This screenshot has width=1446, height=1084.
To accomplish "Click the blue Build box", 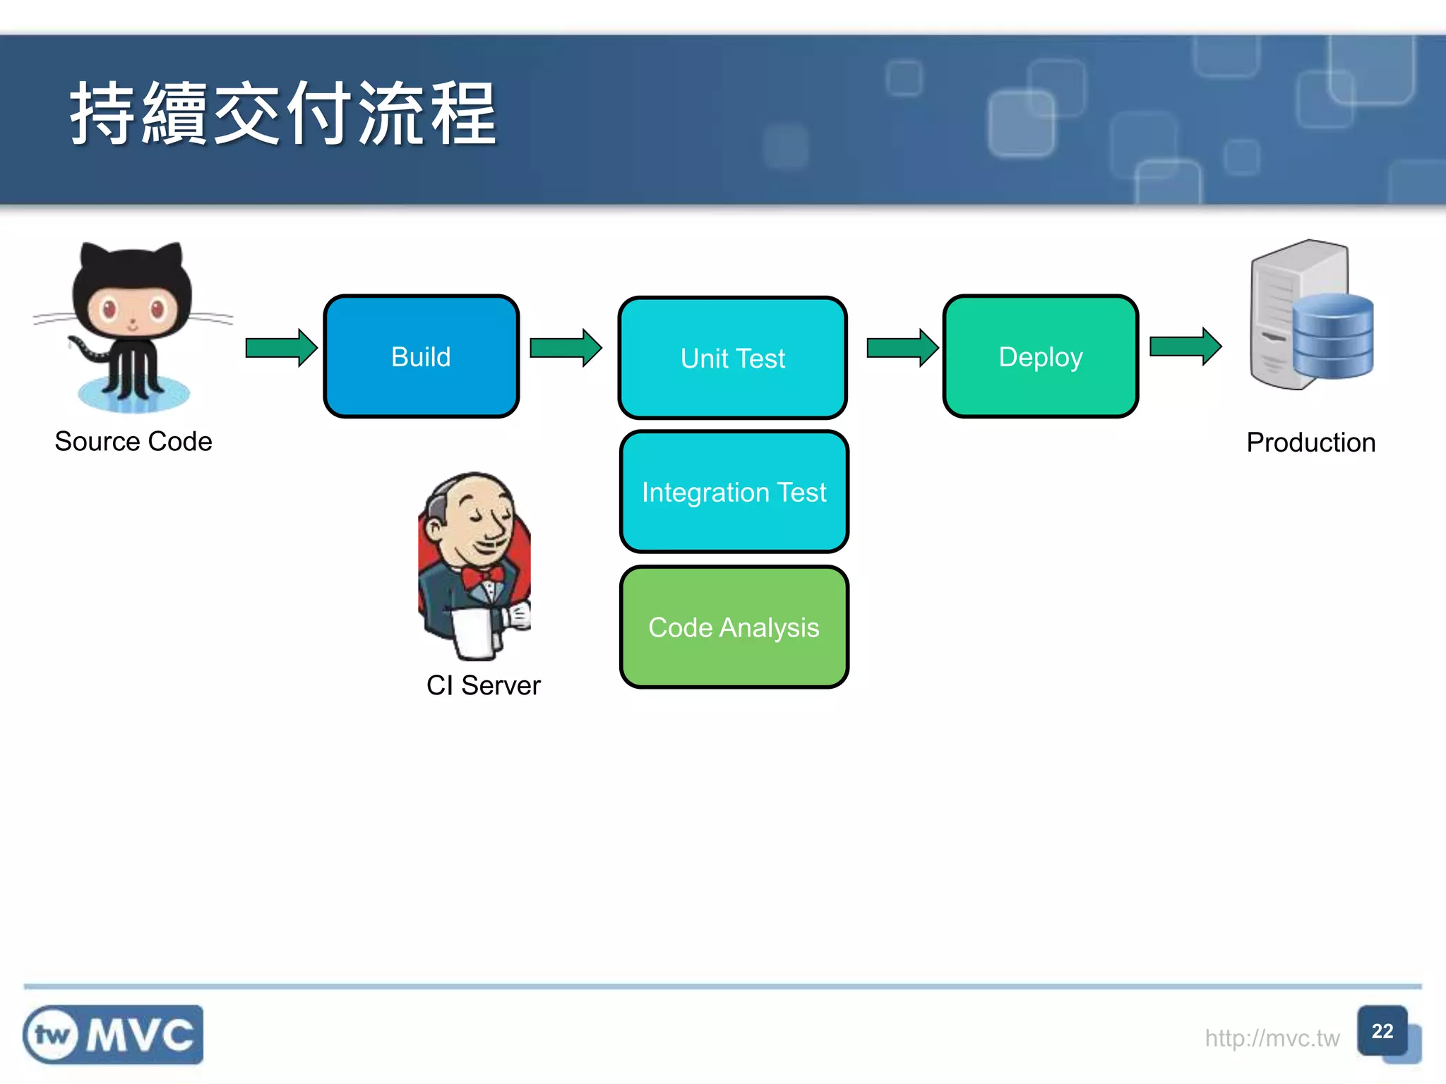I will click(422, 356).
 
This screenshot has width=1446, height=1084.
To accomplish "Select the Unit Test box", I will click(732, 358).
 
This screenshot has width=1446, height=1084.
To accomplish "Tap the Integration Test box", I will click(734, 492).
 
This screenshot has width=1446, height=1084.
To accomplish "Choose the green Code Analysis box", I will click(734, 627).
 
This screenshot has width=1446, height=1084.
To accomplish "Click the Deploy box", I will click(1040, 356).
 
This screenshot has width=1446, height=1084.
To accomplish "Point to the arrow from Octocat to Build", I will click(281, 348).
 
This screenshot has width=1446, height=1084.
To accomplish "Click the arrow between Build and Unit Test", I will click(565, 348).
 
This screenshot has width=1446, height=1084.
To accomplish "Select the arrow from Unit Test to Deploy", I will click(902, 348).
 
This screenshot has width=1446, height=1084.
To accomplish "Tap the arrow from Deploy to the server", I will click(1185, 347).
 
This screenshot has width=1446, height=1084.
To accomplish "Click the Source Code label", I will click(133, 442).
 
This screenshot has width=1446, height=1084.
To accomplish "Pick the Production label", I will click(1310, 442).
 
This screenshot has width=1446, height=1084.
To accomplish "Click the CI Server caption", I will click(484, 685).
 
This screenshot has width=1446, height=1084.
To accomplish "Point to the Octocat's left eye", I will click(108, 308).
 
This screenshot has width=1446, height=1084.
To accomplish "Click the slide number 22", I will click(1382, 1031).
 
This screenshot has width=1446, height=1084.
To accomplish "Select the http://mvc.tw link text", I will click(1272, 1038).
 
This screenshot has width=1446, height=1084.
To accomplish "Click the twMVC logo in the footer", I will click(113, 1035).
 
